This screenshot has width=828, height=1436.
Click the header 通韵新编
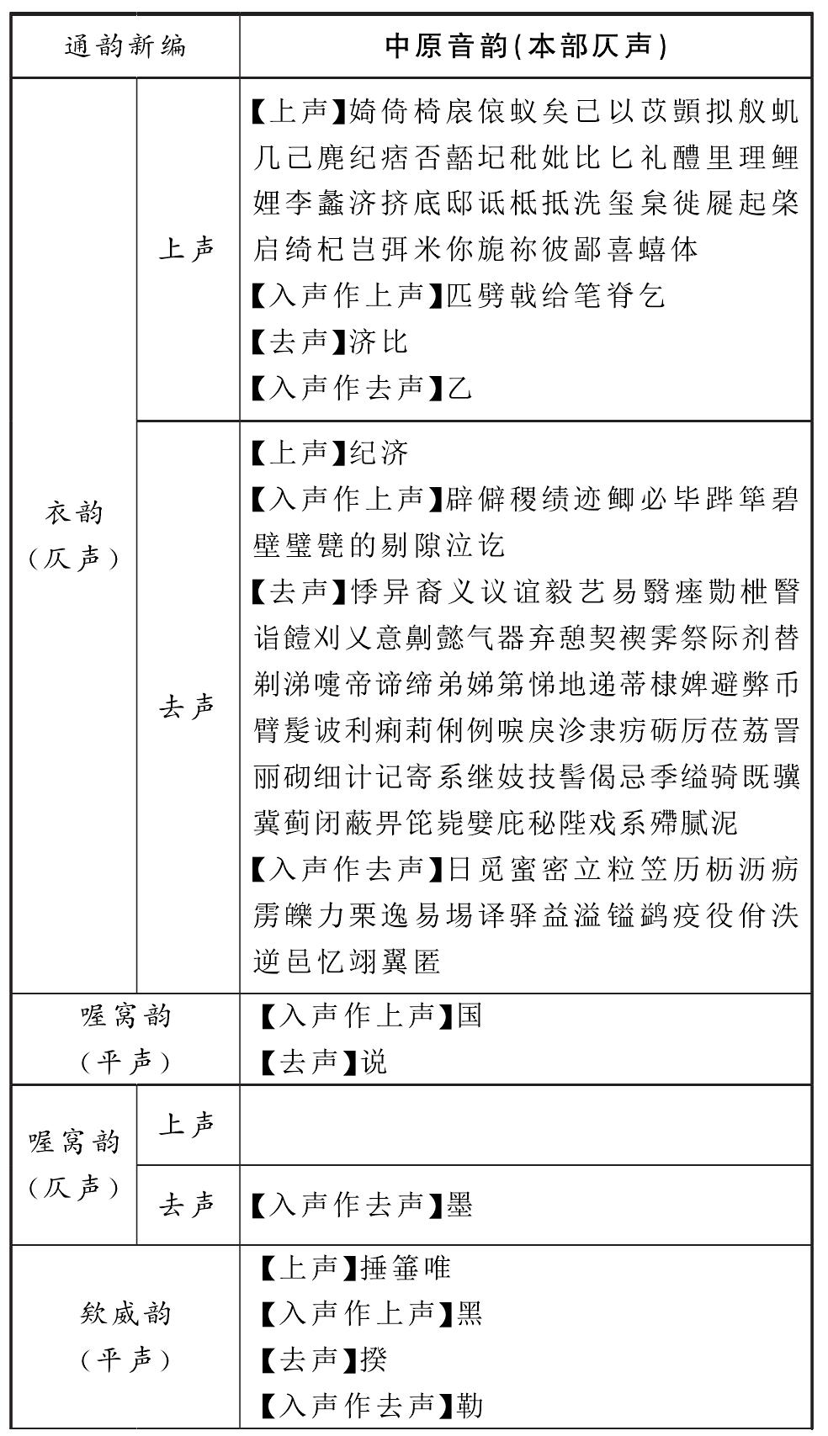click(x=125, y=45)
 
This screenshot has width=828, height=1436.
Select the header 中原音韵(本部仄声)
click(x=526, y=45)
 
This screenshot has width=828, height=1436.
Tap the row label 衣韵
click(x=74, y=511)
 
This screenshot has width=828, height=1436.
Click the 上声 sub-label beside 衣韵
click(x=187, y=249)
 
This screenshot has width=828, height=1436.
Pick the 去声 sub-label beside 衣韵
click(x=187, y=707)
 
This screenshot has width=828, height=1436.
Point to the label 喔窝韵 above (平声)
click(x=125, y=1016)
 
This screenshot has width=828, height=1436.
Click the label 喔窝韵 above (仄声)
click(x=74, y=1142)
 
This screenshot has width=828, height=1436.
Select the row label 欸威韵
click(x=125, y=1313)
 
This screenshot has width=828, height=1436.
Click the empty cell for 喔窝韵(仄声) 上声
click(x=526, y=1125)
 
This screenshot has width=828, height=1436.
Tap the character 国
click(x=470, y=1016)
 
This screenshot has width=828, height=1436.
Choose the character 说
click(x=374, y=1062)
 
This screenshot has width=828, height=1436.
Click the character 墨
click(x=459, y=1205)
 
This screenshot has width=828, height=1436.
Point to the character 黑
click(x=470, y=1313)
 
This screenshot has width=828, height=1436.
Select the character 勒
click(x=470, y=1404)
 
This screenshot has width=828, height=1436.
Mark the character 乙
click(x=459, y=388)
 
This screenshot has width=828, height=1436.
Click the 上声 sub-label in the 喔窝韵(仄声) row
click(x=187, y=1125)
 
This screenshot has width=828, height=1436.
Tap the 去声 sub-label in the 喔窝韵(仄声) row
click(x=187, y=1205)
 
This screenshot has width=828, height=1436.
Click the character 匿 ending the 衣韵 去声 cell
click(x=427, y=961)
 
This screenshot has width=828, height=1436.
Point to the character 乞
click(x=652, y=295)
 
